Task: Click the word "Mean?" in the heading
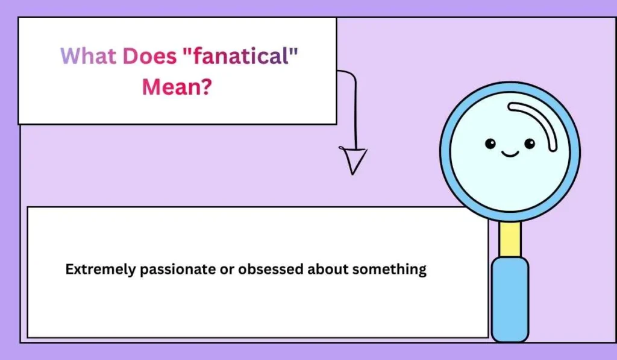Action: pos(173,87)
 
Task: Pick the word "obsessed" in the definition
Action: pos(271,270)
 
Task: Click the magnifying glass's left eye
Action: pos(490,144)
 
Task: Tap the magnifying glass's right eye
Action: pos(529,144)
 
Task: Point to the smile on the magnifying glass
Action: pos(510,154)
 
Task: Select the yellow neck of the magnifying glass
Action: pos(510,239)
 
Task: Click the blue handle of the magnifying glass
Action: pos(510,298)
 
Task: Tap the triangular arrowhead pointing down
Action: pos(354,160)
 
